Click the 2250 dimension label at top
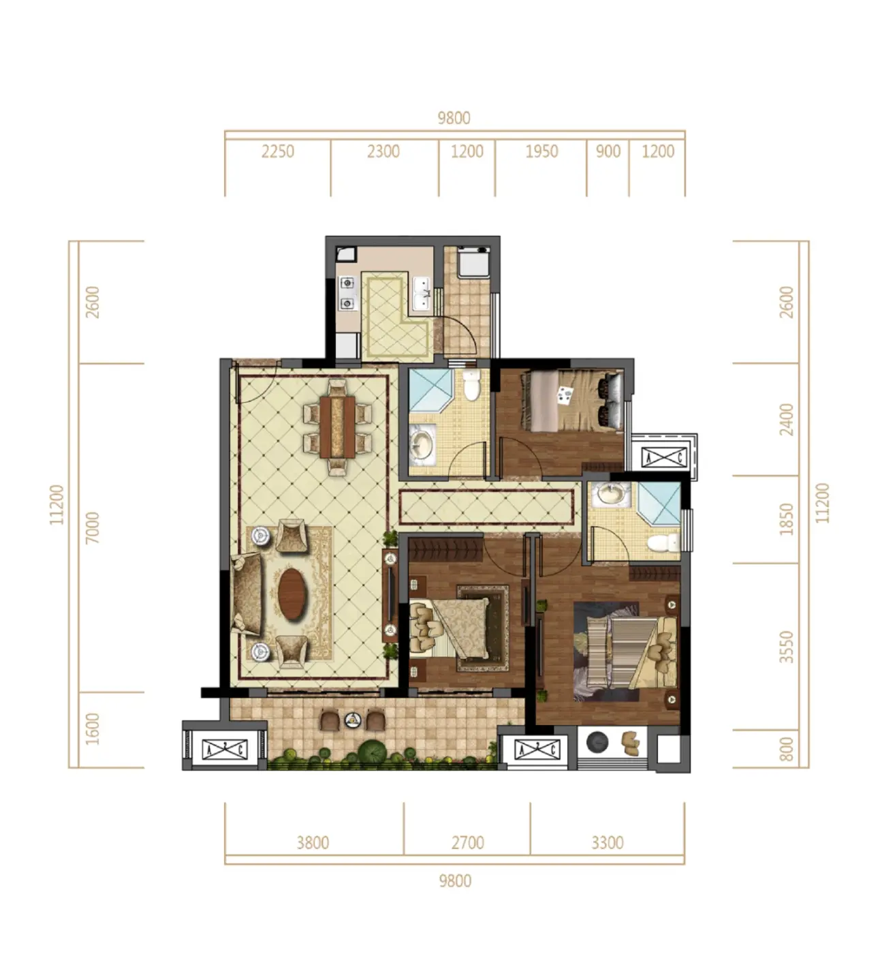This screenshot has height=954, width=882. pyautogui.click(x=277, y=152)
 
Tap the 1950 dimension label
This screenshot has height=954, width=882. pyautogui.click(x=541, y=152)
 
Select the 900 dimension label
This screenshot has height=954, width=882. pyautogui.click(x=608, y=152)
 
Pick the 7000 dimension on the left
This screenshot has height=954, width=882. pyautogui.click(x=92, y=527)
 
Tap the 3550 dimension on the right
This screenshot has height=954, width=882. pyautogui.click(x=786, y=647)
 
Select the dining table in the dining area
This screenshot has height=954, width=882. pyautogui.click(x=337, y=427)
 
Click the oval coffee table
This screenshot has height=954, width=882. pyautogui.click(x=292, y=594)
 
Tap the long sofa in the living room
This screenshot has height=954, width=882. pyautogui.click(x=247, y=594)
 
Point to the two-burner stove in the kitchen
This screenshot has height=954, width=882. pyautogui.click(x=347, y=293)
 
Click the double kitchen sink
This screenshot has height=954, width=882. pyautogui.click(x=422, y=294)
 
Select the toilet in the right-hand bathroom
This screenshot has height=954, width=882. pyautogui.click(x=663, y=543)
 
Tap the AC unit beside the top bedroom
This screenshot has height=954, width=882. pyautogui.click(x=664, y=457)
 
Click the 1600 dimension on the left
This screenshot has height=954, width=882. pyautogui.click(x=92, y=729)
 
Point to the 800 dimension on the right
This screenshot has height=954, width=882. pyautogui.click(x=786, y=749)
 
